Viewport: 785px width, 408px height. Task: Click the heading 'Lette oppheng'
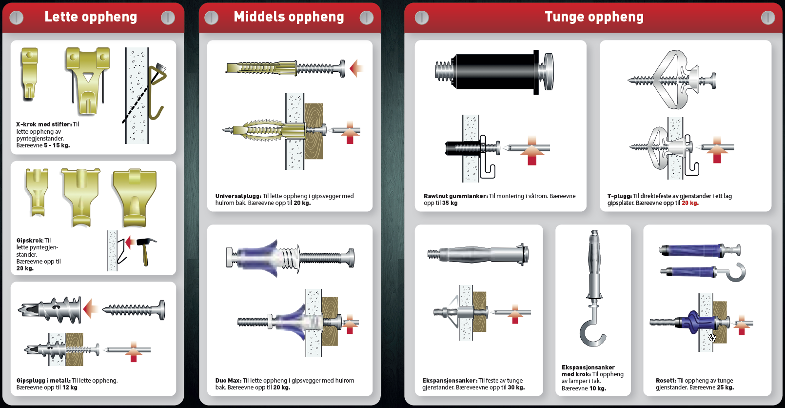pos(91,17)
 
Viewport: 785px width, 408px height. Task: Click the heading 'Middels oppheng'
pos(289,17)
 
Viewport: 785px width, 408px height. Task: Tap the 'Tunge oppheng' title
pos(594,17)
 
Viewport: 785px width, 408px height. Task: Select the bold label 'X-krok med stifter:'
pos(43,124)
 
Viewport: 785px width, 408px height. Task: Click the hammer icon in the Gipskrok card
pos(145,249)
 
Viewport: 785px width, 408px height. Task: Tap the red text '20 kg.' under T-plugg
pos(690,203)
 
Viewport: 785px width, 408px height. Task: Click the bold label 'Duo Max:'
pos(228,381)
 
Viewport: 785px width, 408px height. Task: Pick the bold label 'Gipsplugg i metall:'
pos(43,381)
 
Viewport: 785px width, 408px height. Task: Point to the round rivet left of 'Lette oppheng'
pos(17,18)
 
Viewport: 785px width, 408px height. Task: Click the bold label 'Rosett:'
pos(666,381)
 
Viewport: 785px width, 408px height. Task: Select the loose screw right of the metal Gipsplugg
pos(134,309)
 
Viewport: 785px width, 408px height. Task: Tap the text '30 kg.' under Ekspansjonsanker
pos(516,388)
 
